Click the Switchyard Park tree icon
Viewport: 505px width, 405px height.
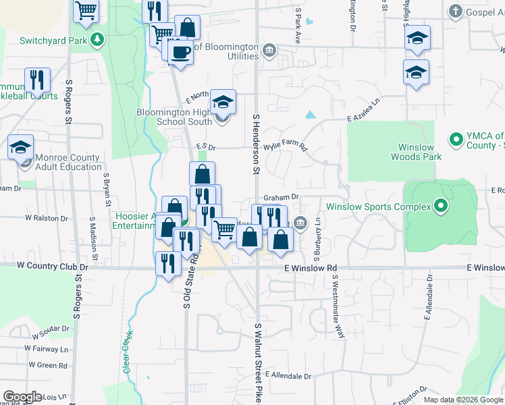99,39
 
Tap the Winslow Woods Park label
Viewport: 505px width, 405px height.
416,152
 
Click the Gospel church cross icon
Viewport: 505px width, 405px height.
456,11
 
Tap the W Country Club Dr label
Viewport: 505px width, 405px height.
43,266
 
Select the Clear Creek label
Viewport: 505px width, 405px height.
126,352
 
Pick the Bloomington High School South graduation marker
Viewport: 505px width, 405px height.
223,102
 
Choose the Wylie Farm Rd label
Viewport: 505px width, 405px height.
285,146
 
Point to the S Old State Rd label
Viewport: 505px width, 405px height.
187,279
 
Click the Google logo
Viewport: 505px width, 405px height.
22,397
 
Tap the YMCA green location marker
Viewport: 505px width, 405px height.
456,140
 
